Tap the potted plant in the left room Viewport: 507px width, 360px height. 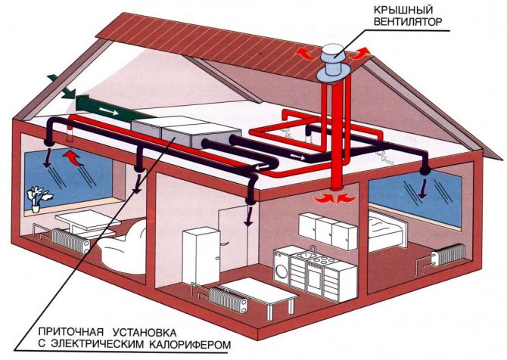click(x=35, y=197)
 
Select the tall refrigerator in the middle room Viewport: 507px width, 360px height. click(x=198, y=255)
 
